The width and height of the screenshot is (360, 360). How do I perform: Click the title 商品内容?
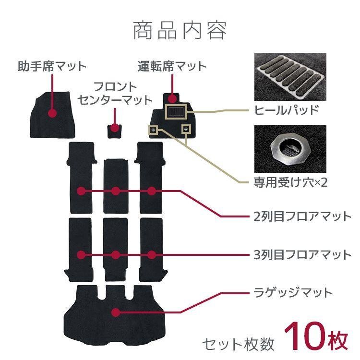(180, 30)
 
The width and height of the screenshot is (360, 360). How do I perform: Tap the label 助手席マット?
(52, 65)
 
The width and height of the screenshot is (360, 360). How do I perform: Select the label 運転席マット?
(172, 65)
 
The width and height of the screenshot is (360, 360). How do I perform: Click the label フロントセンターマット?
(115, 94)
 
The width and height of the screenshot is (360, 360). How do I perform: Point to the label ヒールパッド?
(287, 110)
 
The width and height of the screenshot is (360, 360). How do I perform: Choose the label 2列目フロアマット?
(302, 216)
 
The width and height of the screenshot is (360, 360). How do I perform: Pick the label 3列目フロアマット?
(302, 254)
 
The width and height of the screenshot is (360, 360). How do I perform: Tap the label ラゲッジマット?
(292, 292)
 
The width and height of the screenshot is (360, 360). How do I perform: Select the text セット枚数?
(238, 343)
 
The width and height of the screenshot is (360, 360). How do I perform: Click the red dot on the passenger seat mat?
(52, 113)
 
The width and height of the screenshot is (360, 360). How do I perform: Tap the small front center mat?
(115, 130)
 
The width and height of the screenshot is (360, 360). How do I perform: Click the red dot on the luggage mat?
(115, 312)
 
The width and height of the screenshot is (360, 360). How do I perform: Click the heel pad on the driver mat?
(175, 112)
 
